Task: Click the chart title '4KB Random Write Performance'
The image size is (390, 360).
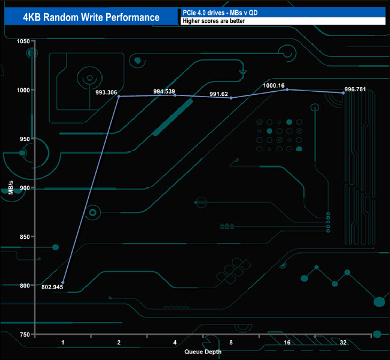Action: click(91, 17)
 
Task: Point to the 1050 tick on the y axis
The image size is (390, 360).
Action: click(23, 41)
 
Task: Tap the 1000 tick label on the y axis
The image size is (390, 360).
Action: click(23, 90)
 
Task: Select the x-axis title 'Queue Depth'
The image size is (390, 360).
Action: click(203, 352)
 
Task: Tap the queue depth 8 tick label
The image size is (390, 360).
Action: click(231, 342)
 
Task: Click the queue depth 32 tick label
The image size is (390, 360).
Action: click(343, 342)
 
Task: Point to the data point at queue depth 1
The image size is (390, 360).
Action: click(63, 283)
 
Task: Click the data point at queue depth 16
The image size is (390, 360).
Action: click(287, 89)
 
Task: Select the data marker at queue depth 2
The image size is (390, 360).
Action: click(119, 96)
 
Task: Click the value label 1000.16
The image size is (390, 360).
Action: click(275, 86)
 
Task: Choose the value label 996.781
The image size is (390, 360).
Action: click(355, 90)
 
